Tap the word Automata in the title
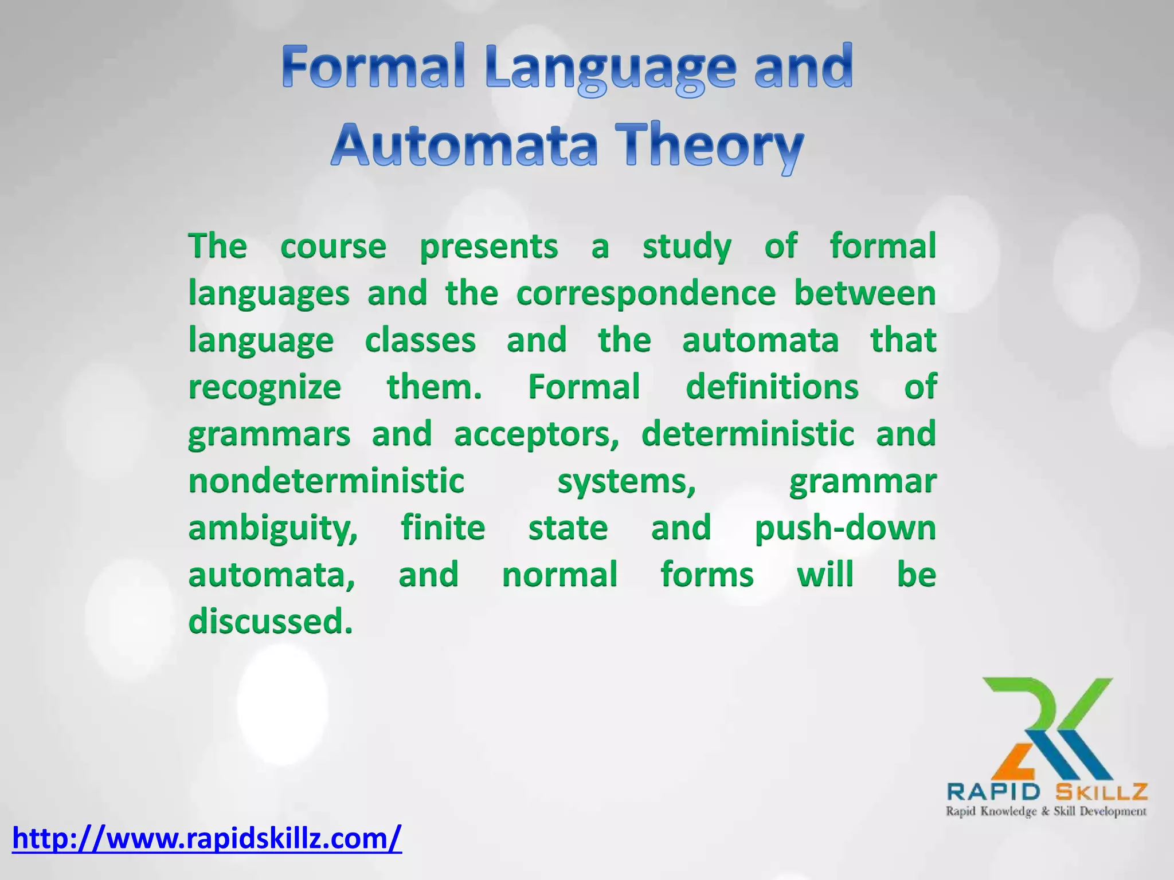coord(464,146)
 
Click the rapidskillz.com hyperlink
coord(207,838)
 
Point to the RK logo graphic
coord(1047,728)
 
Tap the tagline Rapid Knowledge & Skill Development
coord(1046,811)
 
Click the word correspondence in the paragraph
coord(645,294)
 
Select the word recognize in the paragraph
coord(265,388)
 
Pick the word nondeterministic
coord(326,481)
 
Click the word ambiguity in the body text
coord(273,528)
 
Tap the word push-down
coord(845,528)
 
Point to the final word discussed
coord(270,622)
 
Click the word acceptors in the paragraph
coord(537,434)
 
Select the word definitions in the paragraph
coord(772,387)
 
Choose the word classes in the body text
coord(420,340)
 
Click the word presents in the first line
coord(488,247)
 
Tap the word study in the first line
coord(687,247)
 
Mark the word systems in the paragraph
coord(627,481)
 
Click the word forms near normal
coord(707,575)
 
